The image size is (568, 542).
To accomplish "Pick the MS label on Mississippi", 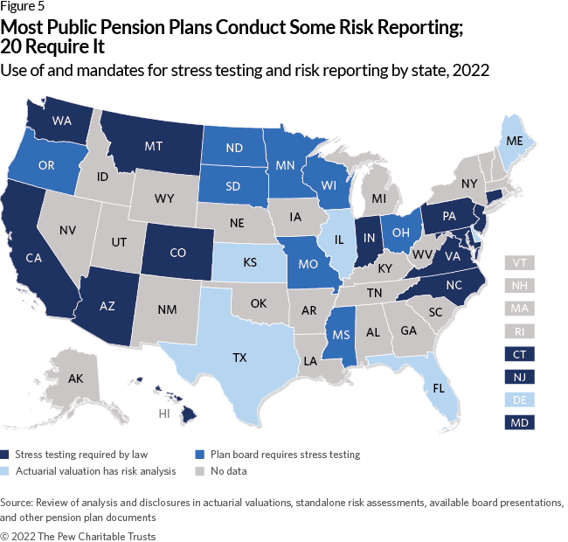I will click(336, 337).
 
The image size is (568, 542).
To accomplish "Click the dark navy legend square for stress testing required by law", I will click(7, 454).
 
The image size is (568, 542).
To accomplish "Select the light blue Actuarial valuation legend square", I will click(7, 470).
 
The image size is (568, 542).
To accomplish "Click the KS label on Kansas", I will click(225, 261).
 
